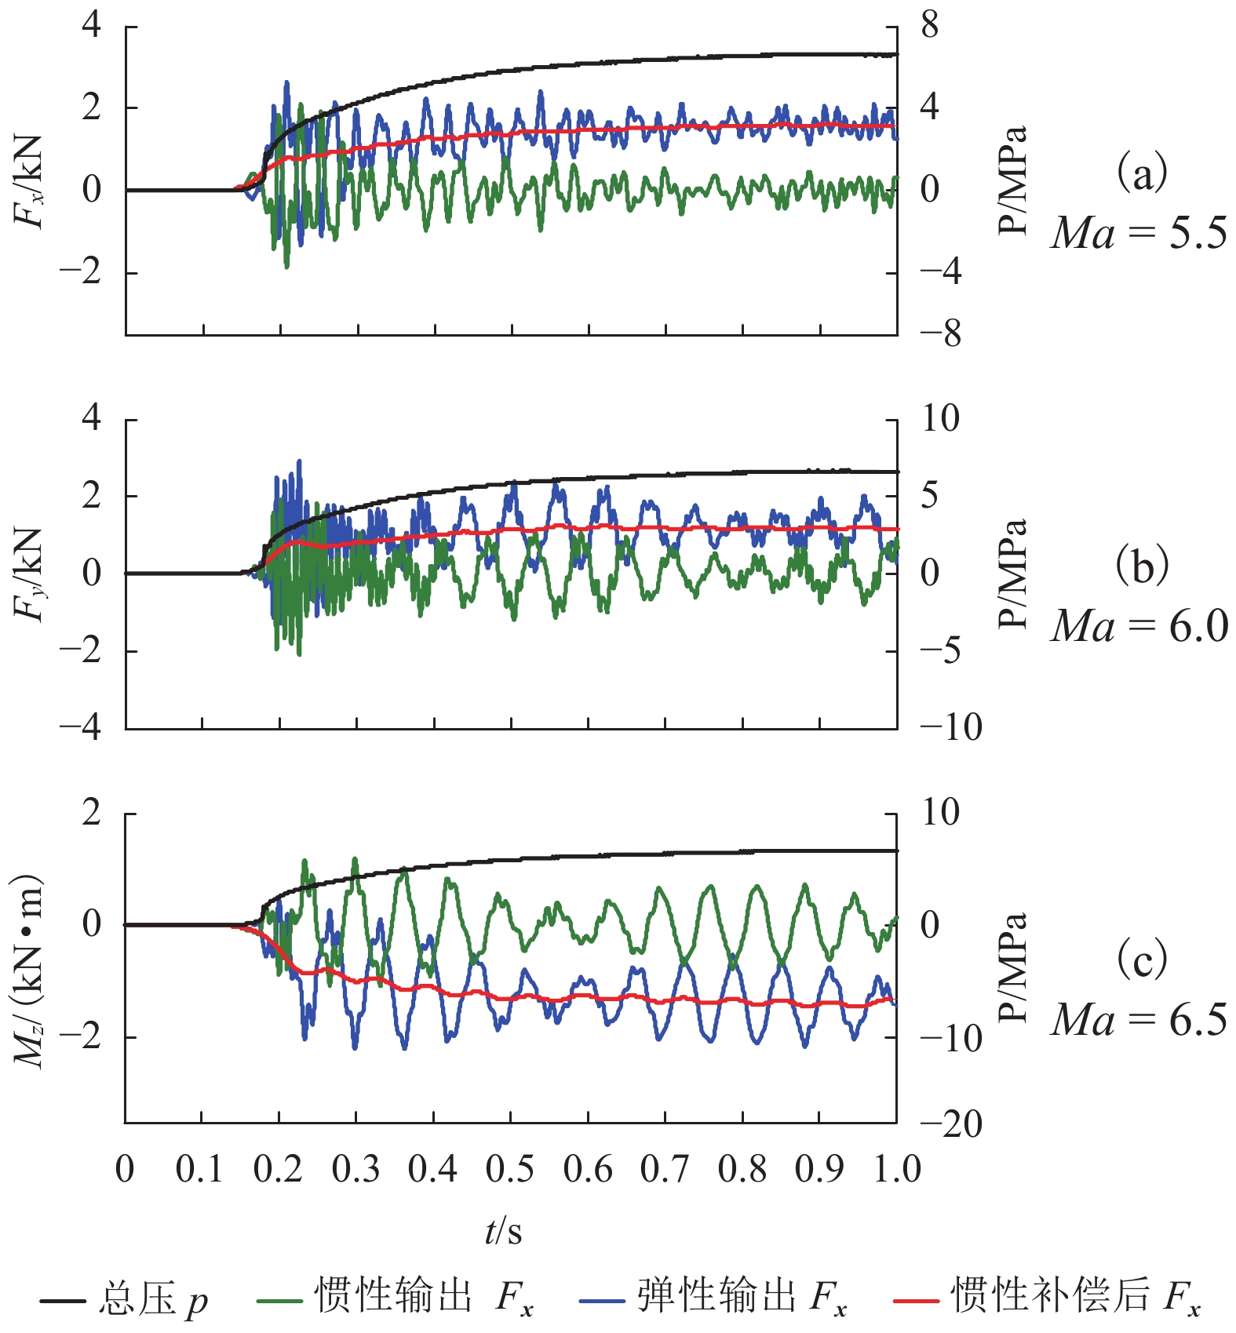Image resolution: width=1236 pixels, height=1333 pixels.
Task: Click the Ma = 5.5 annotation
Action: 1139,233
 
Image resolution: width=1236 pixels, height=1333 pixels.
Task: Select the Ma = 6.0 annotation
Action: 1139,626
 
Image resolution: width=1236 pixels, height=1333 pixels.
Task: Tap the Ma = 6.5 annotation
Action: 1139,1020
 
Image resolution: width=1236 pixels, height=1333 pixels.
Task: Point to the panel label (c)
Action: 1142,959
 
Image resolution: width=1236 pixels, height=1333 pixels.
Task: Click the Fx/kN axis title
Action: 29,181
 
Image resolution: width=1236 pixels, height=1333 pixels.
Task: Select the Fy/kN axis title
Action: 29,575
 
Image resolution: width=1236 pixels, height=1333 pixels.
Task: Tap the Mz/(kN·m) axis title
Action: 29,970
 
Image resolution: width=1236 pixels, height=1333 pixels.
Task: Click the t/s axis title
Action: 503,1231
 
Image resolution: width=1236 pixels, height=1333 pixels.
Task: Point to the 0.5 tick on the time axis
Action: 510,1169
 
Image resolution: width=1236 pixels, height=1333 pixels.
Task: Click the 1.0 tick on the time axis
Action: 897,1169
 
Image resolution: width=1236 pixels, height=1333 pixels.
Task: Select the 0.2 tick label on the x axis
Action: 278,1169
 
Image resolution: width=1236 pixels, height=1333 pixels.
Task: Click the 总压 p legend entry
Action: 126,1298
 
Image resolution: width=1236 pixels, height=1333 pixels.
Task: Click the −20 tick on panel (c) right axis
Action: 950,1125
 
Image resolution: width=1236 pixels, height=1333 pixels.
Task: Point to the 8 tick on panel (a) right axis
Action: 930,25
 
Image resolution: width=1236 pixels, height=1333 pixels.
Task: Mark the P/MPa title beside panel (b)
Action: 1013,574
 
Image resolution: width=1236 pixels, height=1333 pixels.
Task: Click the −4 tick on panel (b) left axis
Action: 82,727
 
